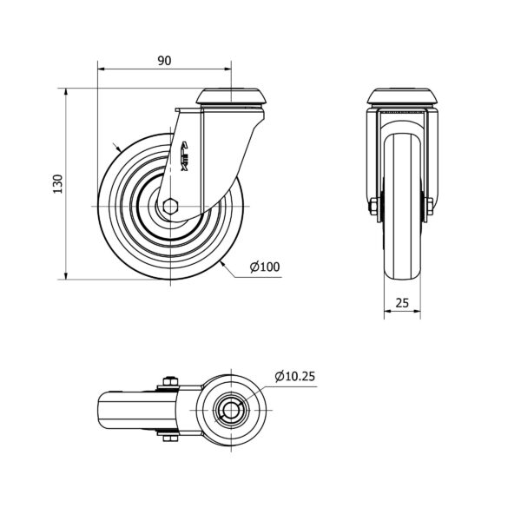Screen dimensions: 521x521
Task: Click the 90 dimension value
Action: coord(164,61)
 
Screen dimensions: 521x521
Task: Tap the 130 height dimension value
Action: coord(58,184)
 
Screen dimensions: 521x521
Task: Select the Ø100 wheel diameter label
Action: coord(265,267)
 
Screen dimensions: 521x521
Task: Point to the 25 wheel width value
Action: coord(402,303)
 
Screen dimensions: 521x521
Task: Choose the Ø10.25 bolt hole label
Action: coord(294,376)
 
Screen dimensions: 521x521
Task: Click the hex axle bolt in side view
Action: coord(171,207)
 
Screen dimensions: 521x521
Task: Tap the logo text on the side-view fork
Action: coord(185,156)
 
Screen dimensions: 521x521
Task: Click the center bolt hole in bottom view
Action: coord(231,411)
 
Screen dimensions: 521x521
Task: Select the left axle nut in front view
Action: coord(373,207)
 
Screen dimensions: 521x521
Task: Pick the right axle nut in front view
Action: coord(429,207)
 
